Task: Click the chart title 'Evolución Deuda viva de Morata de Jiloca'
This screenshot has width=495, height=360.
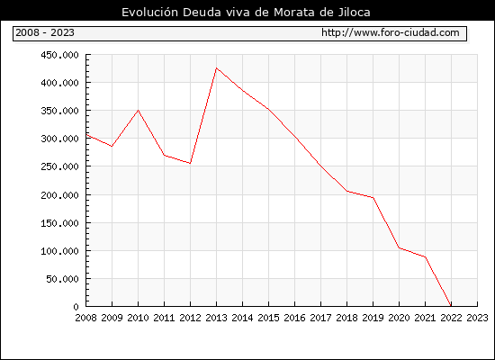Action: [x=246, y=13]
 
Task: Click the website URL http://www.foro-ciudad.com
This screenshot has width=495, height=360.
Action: [x=391, y=32]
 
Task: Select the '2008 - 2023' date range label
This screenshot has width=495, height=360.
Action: [x=45, y=32]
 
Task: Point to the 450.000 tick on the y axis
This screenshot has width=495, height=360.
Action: [x=59, y=55]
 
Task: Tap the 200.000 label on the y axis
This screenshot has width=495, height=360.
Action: [x=59, y=195]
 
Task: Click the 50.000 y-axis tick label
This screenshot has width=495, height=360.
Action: [x=62, y=279]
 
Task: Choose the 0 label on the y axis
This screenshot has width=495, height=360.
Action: [x=76, y=307]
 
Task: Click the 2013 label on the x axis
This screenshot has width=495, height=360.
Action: [x=216, y=318]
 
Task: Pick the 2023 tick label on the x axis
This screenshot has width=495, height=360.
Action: [x=477, y=318]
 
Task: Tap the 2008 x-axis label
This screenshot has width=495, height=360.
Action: [x=85, y=318]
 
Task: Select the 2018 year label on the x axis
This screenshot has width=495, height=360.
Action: [x=346, y=318]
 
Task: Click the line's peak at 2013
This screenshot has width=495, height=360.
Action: [x=216, y=67]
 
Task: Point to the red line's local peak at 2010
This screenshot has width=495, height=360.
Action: [x=138, y=110]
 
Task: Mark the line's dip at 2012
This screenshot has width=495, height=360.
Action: [x=190, y=163]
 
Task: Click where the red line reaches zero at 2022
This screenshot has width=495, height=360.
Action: [x=451, y=306]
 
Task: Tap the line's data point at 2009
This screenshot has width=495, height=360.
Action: [x=112, y=146]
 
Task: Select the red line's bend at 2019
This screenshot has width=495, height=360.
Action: [x=373, y=198]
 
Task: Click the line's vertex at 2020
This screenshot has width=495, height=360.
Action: [x=399, y=247]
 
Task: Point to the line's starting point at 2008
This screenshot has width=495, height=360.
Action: [x=86, y=135]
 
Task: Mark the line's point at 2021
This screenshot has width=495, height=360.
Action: [x=425, y=256]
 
